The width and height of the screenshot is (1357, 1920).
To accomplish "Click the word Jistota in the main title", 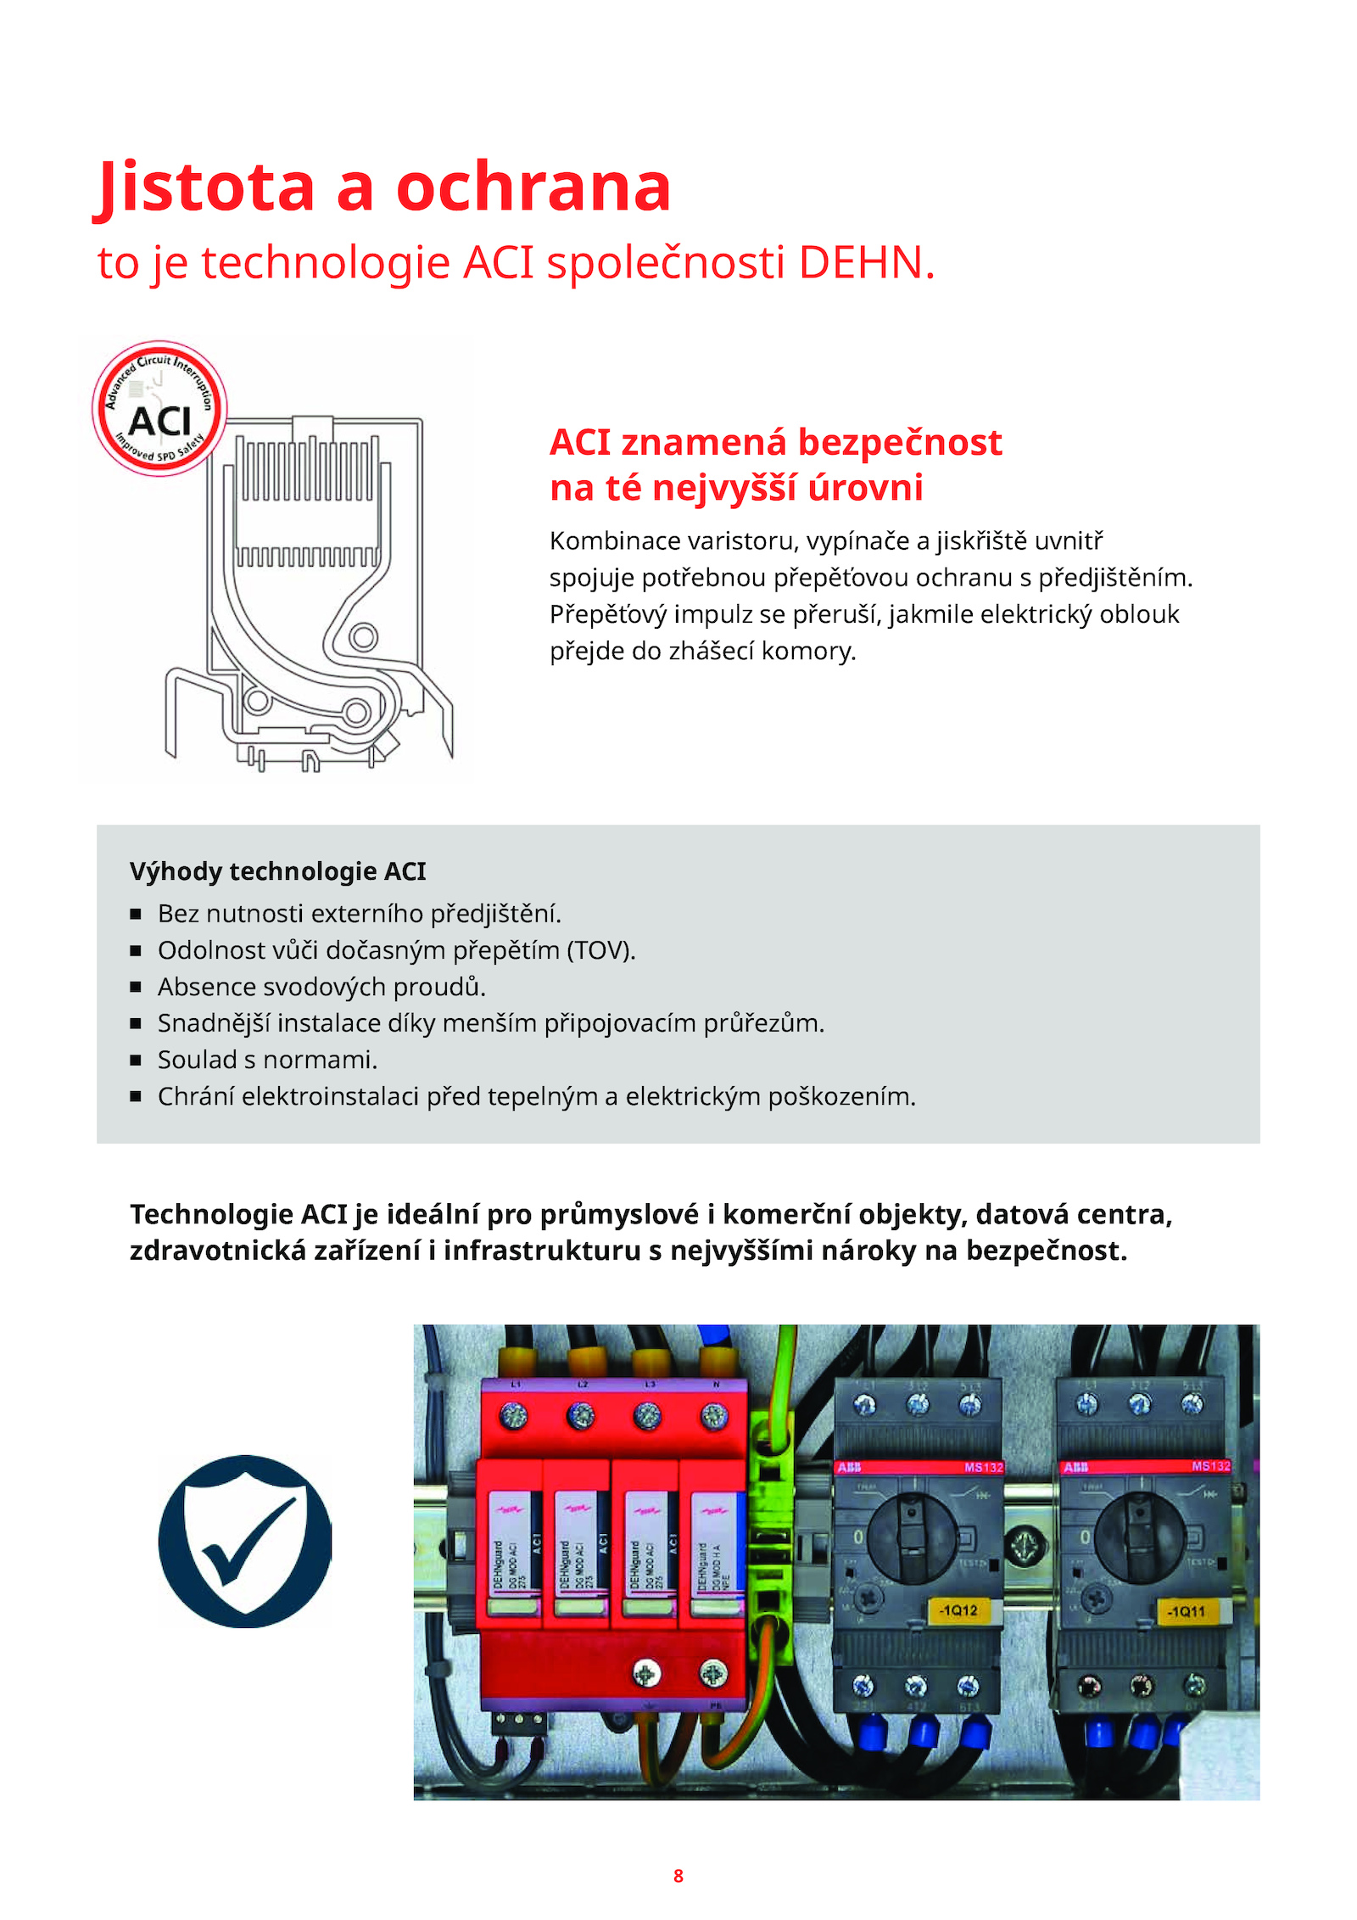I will (206, 188).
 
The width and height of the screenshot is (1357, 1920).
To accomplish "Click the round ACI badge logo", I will (159, 409).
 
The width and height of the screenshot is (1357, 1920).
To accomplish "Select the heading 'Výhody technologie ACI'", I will (277, 871).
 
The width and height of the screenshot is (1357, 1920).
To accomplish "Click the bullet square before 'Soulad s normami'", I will (136, 1061).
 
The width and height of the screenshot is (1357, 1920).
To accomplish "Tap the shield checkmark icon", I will (244, 1541).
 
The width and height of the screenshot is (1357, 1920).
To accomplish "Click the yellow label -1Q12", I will (958, 1609).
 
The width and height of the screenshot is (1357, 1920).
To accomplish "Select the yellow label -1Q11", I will (1186, 1611).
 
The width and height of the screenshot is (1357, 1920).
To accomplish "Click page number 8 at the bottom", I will (678, 1876).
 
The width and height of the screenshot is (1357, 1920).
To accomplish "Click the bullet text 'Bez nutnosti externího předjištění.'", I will (360, 914).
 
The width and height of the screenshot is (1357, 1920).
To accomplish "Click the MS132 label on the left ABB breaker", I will (983, 1467).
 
